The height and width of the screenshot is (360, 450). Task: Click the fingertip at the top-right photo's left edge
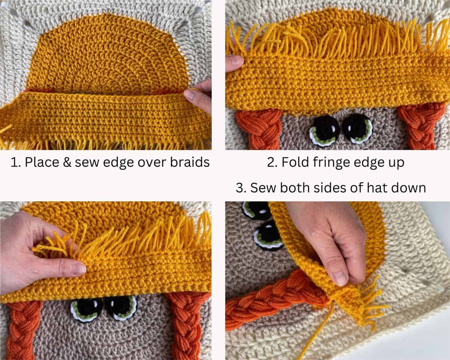point(234,63)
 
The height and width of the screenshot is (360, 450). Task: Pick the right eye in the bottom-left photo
point(121,306)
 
